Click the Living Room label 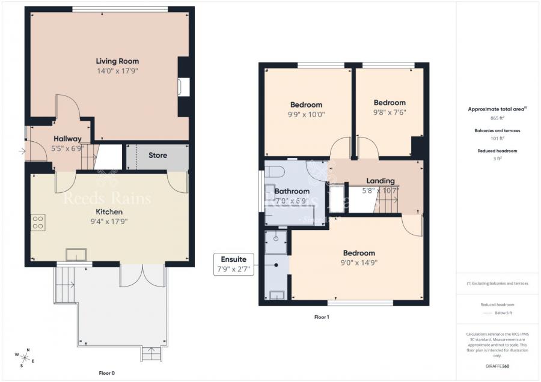(117, 61)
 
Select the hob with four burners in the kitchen (38, 222)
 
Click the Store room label (157, 156)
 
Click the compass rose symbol (26, 359)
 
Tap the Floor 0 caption (107, 373)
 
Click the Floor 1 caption (322, 317)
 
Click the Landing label (381, 181)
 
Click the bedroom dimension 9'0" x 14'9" (359, 262)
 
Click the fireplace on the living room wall (184, 86)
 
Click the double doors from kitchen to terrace (142, 275)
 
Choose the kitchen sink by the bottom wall (76, 255)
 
